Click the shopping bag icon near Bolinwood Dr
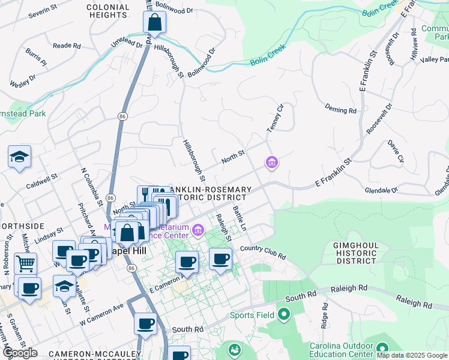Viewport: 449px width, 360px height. (154, 23)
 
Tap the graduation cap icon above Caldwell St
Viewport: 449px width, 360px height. (20, 157)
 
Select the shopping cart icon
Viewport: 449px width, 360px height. (25, 263)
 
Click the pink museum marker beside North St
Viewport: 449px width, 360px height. (272, 162)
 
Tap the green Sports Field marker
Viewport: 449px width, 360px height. (283, 314)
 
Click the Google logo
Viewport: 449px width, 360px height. (20, 353)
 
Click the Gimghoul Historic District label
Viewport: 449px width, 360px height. (356, 253)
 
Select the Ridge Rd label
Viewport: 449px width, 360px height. (325, 314)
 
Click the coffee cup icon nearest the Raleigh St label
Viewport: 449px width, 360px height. (220, 259)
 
